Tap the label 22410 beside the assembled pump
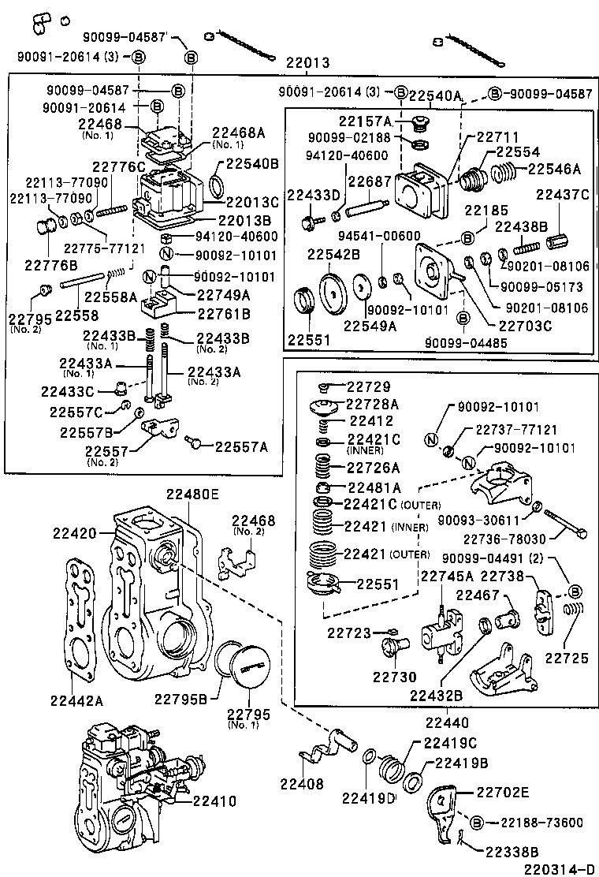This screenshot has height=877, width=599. point(213,800)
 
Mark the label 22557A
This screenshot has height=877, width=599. point(241,446)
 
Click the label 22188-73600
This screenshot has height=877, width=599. point(541,823)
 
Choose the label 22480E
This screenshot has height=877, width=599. point(192,494)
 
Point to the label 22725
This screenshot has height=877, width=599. point(567,657)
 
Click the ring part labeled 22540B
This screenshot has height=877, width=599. point(218,187)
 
